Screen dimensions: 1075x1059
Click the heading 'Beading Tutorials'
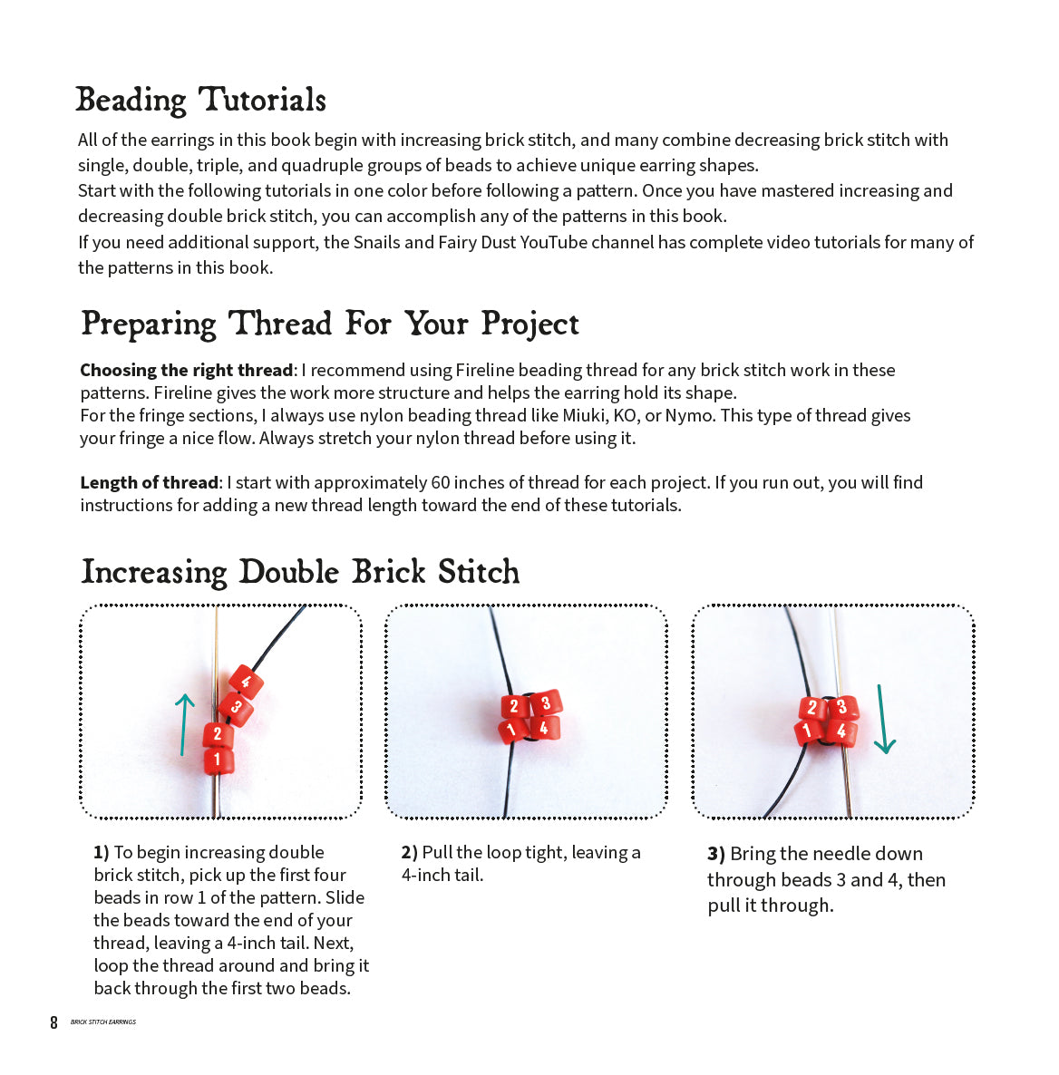(200, 100)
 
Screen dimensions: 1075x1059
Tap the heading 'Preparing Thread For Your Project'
(329, 324)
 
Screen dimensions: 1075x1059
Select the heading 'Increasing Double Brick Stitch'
(300, 572)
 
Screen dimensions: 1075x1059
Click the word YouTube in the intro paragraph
(553, 242)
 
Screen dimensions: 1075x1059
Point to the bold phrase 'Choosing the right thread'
(186, 370)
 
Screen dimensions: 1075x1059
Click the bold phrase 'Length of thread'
(149, 482)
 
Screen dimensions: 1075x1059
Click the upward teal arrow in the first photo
(184, 723)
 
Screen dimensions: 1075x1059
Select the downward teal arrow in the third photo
(882, 720)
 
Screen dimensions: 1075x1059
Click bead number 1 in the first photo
(218, 760)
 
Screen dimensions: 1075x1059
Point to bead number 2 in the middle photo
(514, 706)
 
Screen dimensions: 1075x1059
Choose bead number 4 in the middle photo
(543, 727)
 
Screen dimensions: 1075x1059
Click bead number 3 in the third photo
(842, 707)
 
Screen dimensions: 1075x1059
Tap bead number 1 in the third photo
(808, 731)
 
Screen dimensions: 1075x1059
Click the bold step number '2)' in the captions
(409, 852)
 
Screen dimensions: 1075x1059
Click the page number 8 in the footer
(53, 1022)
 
